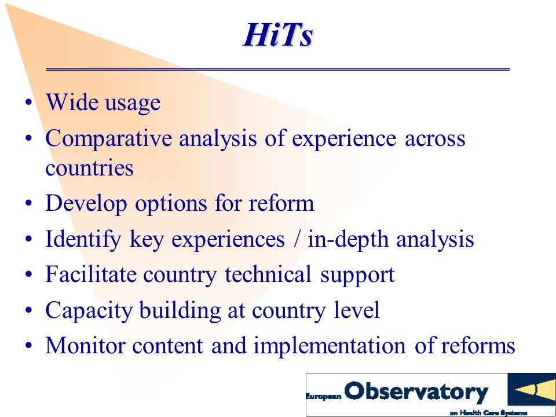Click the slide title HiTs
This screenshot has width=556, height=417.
pos(278,35)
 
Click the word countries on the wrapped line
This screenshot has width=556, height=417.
pos(89,168)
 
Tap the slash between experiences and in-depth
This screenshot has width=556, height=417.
pos(296,239)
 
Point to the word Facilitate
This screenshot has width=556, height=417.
pos(90,274)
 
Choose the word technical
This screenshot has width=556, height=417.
pos(268,274)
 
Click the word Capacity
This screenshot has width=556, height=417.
pos(88,311)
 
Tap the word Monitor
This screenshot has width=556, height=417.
pos(85,345)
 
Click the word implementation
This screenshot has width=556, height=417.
pos(330,346)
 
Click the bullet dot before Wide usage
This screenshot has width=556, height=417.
pos(29,103)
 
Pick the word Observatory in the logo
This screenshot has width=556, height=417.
pos(416,392)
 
